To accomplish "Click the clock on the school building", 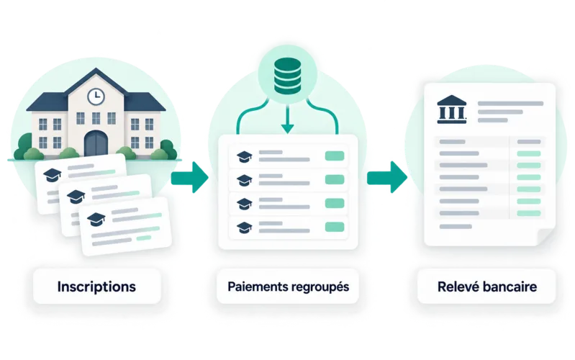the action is point(96,96).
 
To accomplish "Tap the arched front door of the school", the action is point(96,143).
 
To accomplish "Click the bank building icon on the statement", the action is point(452,109).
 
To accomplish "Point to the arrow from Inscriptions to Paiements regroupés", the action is point(189,177).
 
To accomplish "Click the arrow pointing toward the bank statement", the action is point(387,177).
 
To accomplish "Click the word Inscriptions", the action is point(96,287).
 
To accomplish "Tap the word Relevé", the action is point(456,287).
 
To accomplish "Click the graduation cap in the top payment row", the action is point(244,156).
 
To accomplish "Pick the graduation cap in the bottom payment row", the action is point(244,228).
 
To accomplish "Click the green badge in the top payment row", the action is point(335,156).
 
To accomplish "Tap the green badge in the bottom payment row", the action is point(335,227).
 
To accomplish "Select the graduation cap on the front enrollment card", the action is point(96,220).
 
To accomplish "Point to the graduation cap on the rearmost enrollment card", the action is point(52,175).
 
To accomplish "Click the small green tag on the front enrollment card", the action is point(144,238).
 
